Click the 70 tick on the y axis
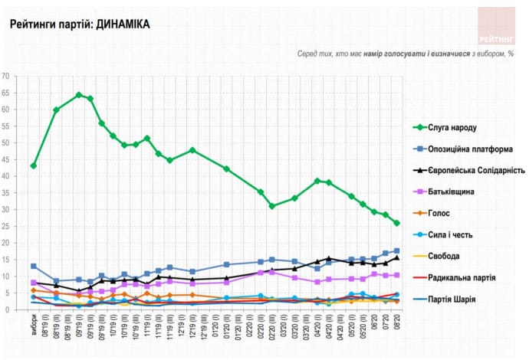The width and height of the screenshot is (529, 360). tap(6, 76)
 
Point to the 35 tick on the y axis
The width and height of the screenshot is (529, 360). tap(6, 193)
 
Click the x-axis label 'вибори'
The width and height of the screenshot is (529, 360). tap(34, 327)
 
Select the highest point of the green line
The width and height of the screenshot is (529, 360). tap(79, 95)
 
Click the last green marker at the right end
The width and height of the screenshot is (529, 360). tap(396, 223)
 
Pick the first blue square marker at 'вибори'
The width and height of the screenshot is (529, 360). tap(34, 266)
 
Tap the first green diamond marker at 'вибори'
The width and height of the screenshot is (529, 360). tap(34, 165)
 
